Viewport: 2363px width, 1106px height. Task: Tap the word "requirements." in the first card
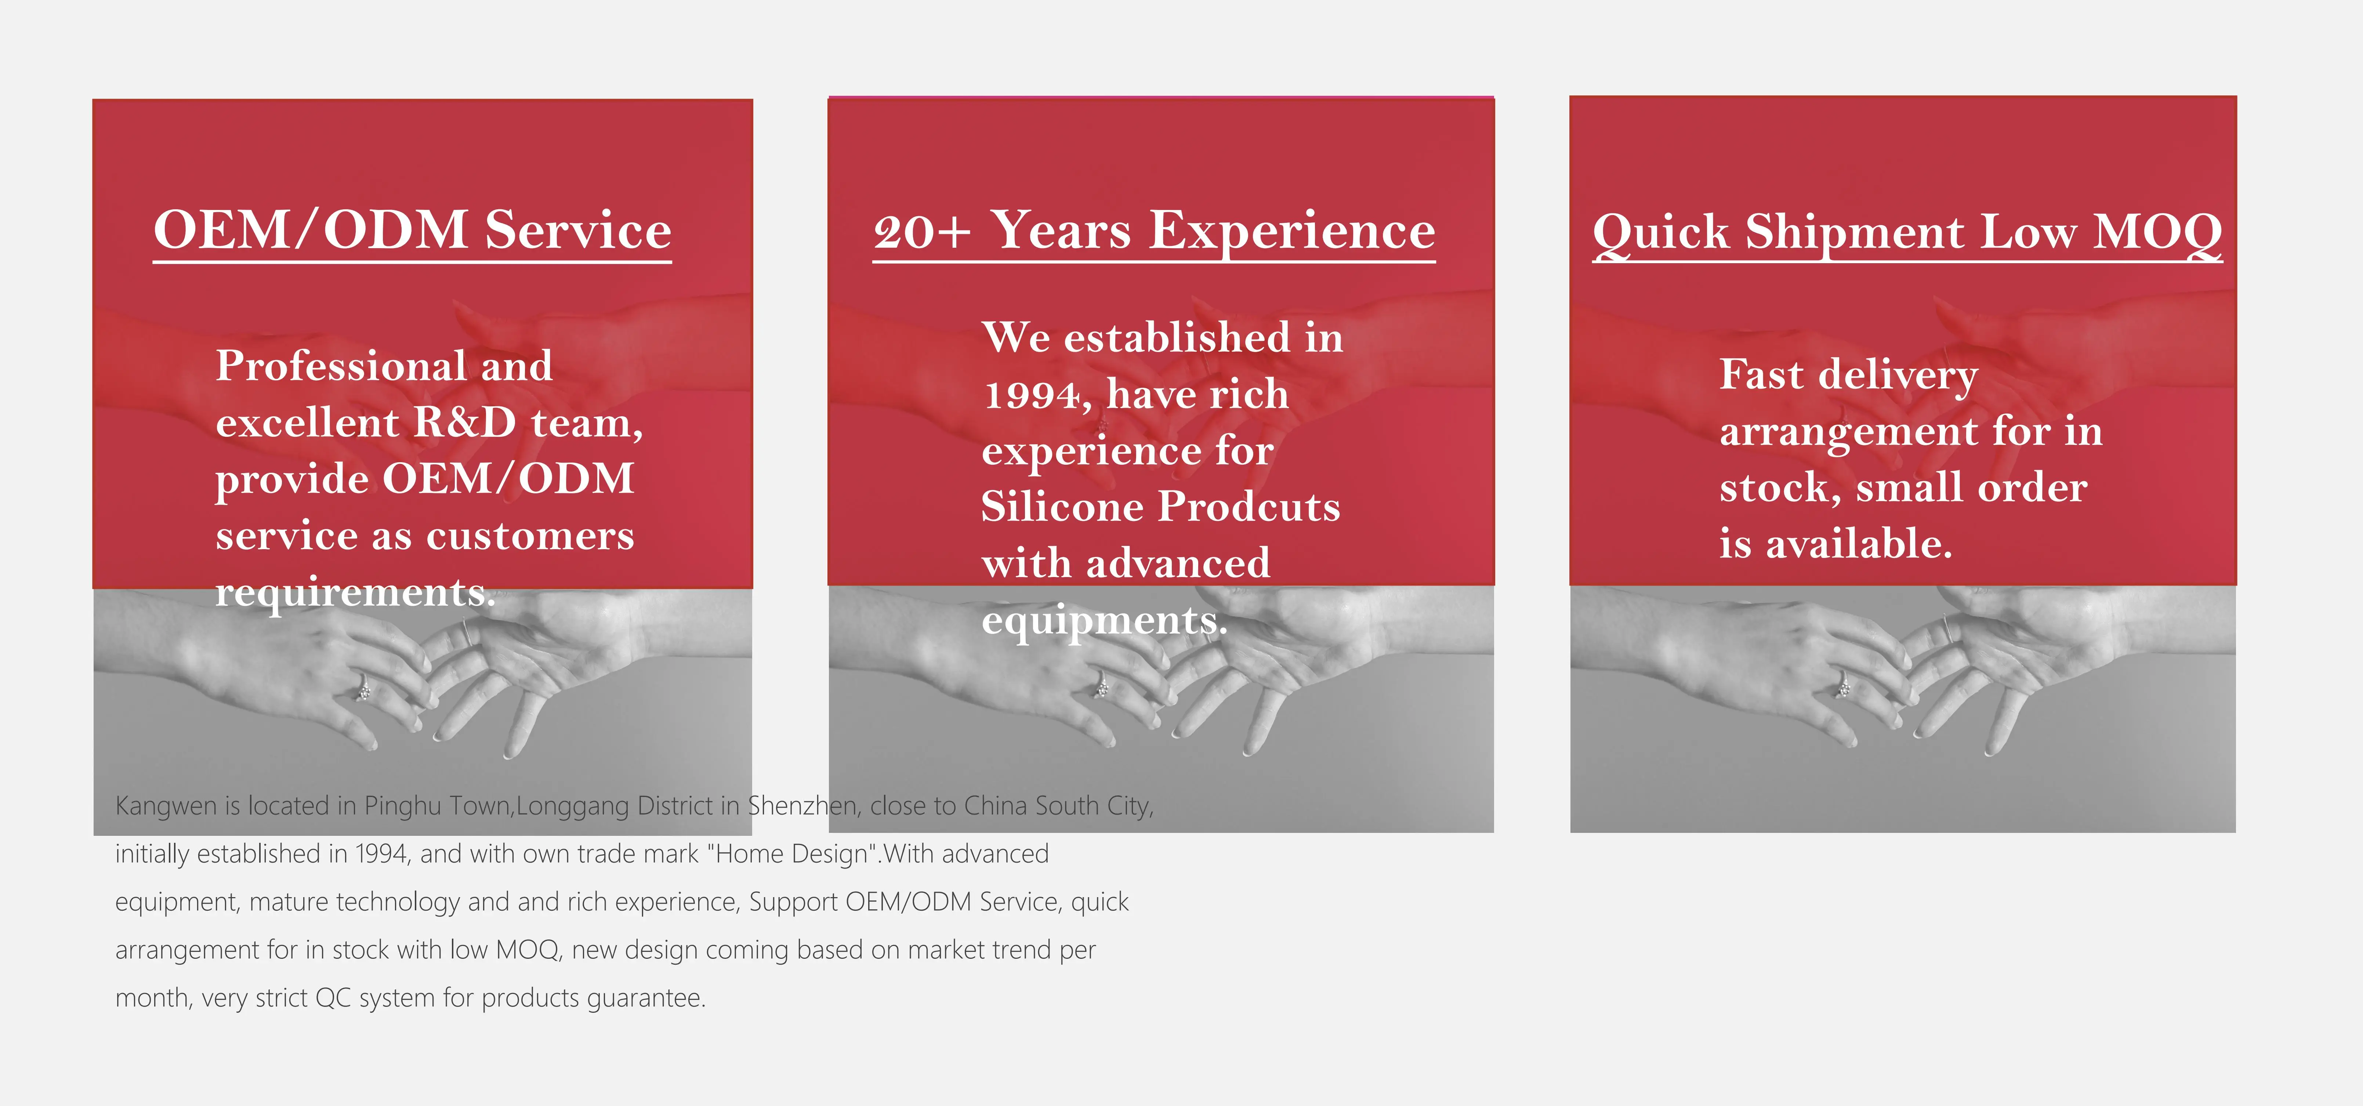pos(355,593)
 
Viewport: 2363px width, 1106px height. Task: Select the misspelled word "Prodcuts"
pos(1249,507)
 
